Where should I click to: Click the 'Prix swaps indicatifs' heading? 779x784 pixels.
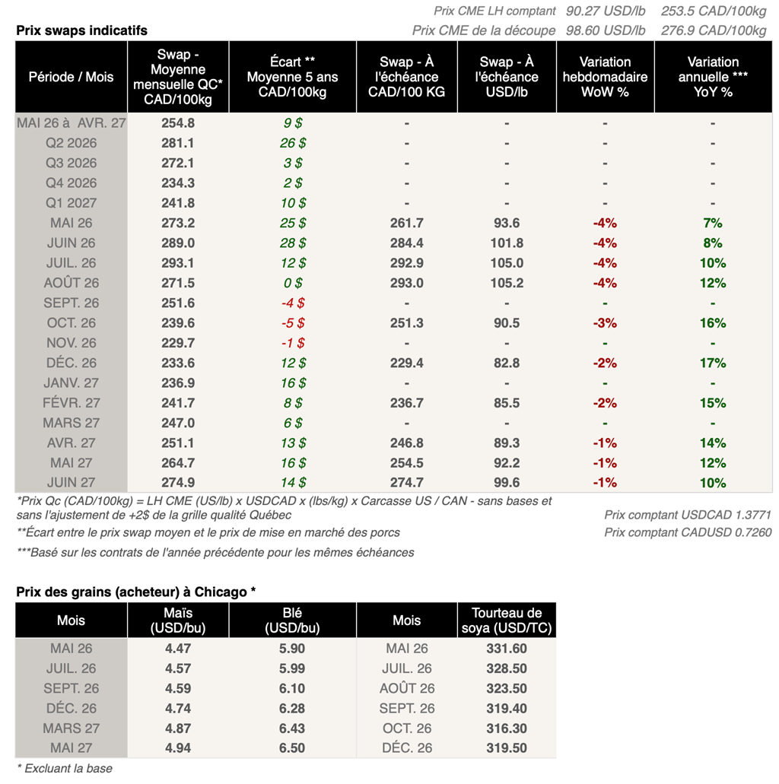(81, 30)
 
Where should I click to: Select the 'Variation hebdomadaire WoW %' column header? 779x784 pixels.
(605, 77)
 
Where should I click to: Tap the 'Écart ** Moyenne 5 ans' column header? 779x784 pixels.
(292, 77)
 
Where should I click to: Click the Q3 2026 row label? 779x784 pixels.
(72, 163)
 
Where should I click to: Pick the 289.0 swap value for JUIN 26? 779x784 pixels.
(177, 243)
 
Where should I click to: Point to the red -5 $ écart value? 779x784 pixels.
(292, 323)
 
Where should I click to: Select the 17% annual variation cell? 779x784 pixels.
(712, 363)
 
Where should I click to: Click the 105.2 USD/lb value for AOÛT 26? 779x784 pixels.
(507, 283)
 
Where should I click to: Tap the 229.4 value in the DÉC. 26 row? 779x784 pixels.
(406, 363)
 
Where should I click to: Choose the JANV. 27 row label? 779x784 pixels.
(72, 383)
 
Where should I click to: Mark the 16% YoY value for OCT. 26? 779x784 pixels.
(712, 323)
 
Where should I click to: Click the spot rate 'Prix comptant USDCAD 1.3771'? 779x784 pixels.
(688, 515)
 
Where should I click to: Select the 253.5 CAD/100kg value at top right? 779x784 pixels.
(714, 11)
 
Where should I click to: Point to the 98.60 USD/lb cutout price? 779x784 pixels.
(606, 30)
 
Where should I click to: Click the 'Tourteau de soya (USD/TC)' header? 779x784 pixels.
(507, 621)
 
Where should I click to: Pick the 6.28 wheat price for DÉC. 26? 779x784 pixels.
(292, 709)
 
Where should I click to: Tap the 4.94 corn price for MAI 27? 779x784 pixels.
(177, 748)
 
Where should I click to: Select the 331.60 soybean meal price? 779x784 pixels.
(507, 649)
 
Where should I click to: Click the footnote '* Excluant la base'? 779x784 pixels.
(64, 768)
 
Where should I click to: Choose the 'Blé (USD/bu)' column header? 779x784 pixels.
(292, 621)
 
